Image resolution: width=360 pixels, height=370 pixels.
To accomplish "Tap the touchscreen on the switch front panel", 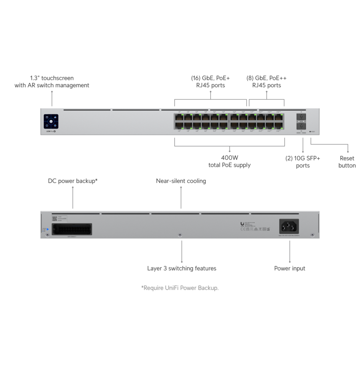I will (51, 121).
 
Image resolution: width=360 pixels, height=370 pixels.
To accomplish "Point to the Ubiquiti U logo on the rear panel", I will (242, 224).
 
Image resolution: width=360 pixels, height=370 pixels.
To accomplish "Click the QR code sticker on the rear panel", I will (54, 219).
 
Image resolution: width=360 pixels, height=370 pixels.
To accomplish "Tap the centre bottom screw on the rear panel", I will (180, 235).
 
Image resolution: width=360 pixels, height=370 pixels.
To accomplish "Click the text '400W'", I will (229, 158).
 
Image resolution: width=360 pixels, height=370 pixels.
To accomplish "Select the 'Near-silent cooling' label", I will (181, 181).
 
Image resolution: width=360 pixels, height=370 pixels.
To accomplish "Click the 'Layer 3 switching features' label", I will (181, 268).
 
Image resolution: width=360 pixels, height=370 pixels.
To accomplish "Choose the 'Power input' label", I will (290, 268).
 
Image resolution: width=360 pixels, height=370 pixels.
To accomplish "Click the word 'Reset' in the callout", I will (347, 158).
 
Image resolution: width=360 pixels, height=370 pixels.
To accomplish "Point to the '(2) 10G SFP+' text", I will (303, 158).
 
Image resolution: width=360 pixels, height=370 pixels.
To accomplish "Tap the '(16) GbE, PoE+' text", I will (210, 78).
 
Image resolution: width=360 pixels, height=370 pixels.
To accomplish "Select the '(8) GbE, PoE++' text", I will (266, 78).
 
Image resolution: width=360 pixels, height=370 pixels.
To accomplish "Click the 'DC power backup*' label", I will (73, 181).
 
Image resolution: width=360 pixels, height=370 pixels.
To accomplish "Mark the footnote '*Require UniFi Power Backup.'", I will (180, 287).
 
